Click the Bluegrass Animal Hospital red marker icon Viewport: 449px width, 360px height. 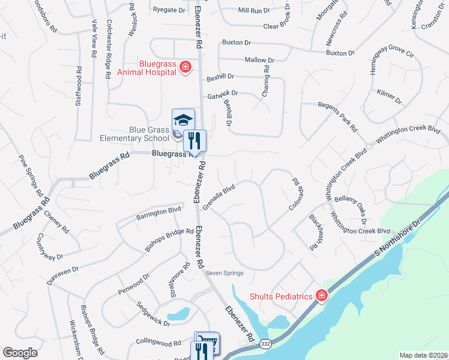coord(185,67)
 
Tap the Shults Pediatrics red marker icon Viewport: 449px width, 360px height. coord(322,296)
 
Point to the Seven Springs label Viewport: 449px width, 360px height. coord(224,273)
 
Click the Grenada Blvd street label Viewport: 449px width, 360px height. coord(218,197)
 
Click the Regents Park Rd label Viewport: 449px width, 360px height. coord(337,117)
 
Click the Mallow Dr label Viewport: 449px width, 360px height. coord(259,61)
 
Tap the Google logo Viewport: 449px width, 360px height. coord(20,353)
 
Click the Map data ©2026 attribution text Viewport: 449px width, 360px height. coord(423,355)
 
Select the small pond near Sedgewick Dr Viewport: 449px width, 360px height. coord(178,314)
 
